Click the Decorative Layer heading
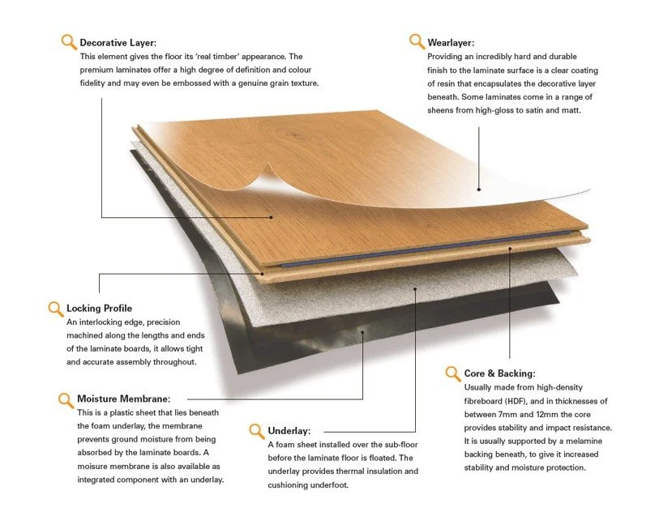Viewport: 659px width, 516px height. point(118,42)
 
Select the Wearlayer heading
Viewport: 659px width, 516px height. point(451,42)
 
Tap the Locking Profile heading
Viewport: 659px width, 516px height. point(99,309)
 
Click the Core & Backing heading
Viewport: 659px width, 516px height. point(499,373)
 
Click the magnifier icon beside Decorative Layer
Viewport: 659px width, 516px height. point(69,41)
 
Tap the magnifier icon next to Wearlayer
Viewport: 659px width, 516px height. point(417,41)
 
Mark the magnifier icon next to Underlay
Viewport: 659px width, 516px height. point(256,430)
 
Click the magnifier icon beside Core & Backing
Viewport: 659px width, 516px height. point(452,373)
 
